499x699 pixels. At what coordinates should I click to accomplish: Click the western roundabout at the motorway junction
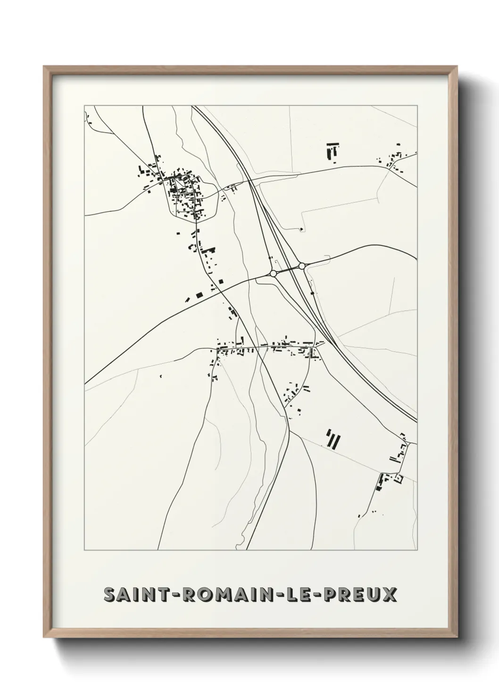(x=273, y=273)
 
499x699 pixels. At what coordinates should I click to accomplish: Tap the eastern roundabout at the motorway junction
(x=302, y=266)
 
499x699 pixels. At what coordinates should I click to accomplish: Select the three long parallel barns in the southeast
(x=333, y=439)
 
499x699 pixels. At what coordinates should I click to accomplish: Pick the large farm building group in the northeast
(x=333, y=150)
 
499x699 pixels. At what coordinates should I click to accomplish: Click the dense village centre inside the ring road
(x=186, y=196)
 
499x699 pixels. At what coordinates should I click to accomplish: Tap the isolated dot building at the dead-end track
(x=301, y=230)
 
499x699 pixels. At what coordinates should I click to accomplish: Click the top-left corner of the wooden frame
(x=44, y=67)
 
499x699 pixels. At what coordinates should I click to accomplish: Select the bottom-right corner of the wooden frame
(x=457, y=638)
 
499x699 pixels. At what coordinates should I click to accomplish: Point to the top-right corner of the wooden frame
(x=457, y=67)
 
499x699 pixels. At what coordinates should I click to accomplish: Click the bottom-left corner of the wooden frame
(x=44, y=638)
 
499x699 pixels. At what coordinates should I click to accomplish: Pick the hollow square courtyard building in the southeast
(x=399, y=478)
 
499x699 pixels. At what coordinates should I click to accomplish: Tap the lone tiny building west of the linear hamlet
(x=161, y=376)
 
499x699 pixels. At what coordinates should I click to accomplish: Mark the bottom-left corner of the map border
(x=84, y=550)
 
